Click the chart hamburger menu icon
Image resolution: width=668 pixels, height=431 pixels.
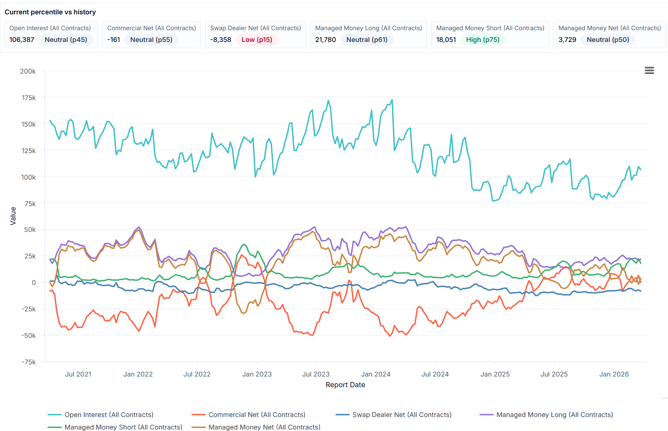coord(649,70)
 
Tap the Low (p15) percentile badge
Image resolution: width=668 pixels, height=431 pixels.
coord(257,40)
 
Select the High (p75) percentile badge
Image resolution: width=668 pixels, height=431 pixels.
coord(483,40)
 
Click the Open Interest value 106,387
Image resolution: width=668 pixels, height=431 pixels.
coord(22,40)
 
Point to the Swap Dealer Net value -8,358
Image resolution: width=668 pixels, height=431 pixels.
coord(221,40)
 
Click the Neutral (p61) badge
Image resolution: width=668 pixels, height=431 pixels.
coord(367,40)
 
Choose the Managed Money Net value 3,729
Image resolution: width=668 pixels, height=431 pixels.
coord(567,40)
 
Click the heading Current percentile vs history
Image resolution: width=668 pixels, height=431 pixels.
coord(50,12)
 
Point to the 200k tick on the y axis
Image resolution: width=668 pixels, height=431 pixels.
coord(28,71)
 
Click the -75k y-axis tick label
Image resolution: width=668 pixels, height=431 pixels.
coord(29,362)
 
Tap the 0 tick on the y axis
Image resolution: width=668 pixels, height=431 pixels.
coord(34,283)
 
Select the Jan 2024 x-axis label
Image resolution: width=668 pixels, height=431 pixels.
coord(376,374)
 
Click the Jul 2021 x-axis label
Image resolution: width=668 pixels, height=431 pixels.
coord(78,374)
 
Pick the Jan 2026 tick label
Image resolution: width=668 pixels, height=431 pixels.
coord(614,374)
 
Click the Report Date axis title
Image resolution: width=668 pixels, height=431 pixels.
coord(345,385)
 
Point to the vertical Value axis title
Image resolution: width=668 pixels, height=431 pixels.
coord(13,216)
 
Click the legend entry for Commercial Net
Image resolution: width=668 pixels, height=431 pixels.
coord(257,415)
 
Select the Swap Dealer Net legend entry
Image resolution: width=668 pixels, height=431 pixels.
coord(402,415)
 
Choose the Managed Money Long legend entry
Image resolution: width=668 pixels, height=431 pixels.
coord(554,415)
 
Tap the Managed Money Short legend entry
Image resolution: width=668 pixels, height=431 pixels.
coord(123,427)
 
